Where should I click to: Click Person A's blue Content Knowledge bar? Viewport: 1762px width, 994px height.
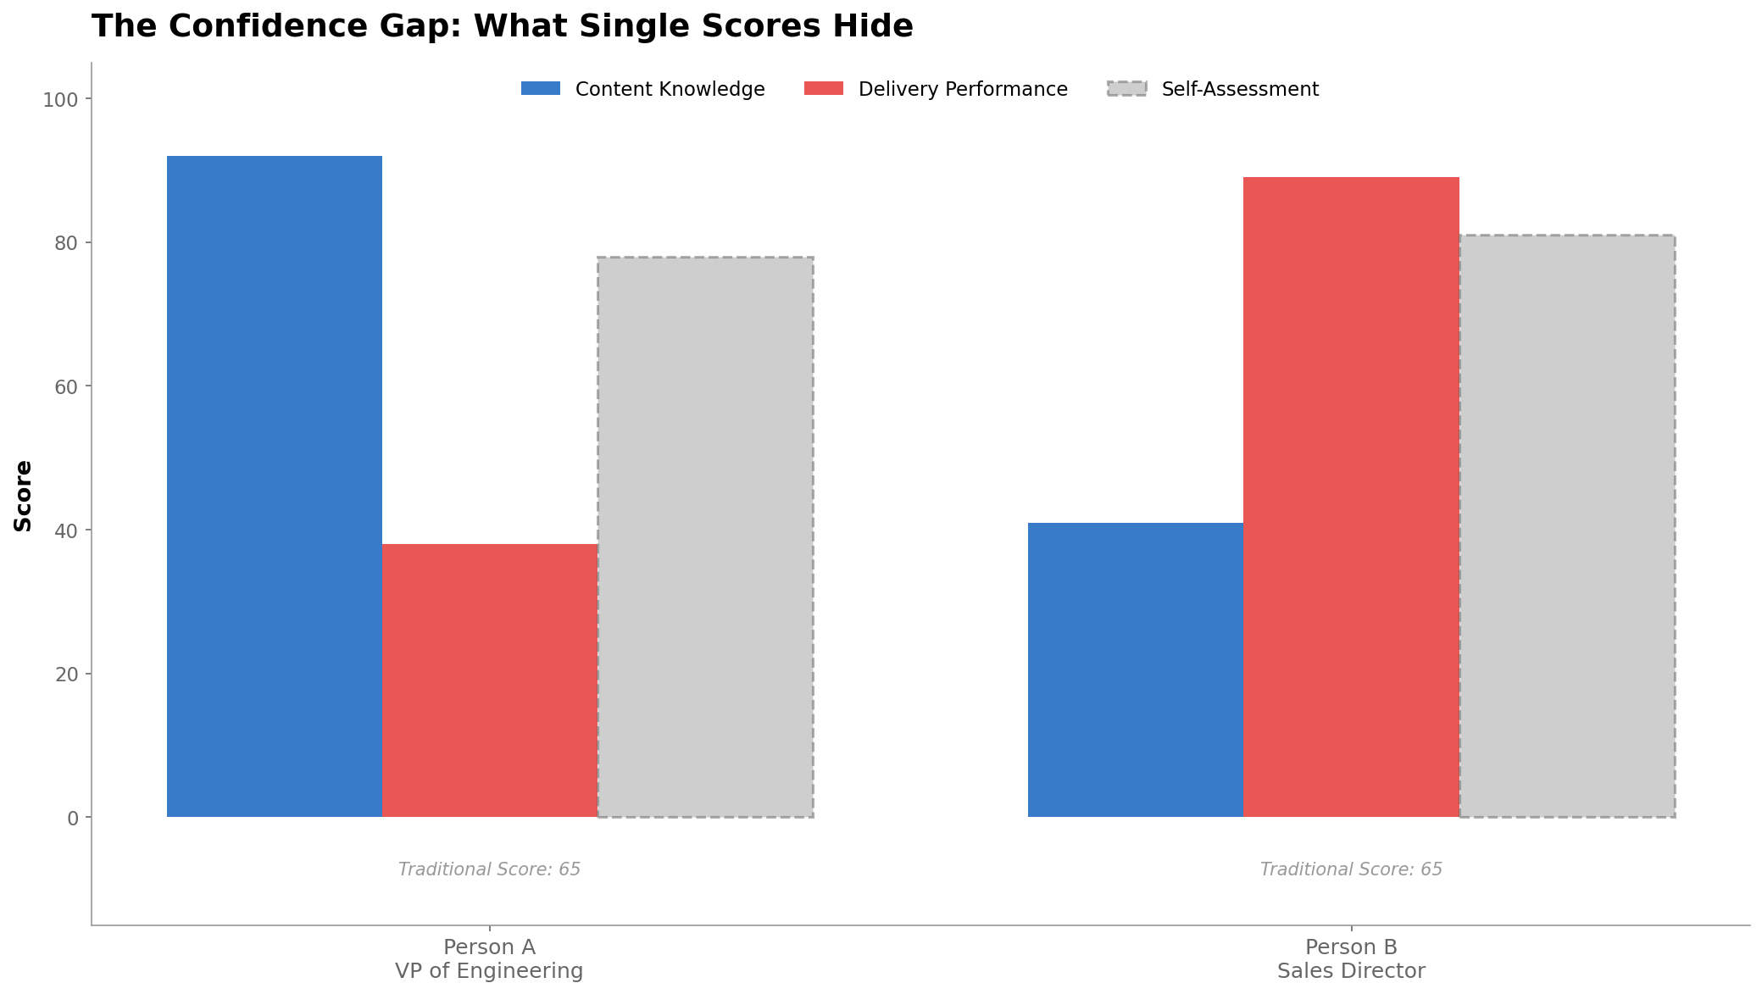pos(274,486)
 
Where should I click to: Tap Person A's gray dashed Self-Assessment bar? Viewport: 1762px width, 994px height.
pos(705,537)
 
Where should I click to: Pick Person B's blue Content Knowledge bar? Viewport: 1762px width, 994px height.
pos(1136,669)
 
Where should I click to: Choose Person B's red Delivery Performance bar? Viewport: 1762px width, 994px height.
pos(1351,497)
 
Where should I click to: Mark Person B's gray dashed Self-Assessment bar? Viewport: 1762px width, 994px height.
pos(1567,526)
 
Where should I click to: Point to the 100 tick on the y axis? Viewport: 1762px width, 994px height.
pos(60,100)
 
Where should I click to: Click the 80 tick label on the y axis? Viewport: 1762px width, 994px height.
pos(66,243)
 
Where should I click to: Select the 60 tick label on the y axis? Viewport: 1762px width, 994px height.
pos(66,387)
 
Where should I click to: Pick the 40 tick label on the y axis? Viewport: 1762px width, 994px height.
pos(66,531)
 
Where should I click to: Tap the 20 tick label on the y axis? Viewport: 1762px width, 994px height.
pos(66,675)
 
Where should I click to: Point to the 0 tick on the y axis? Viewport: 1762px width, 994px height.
pos(73,819)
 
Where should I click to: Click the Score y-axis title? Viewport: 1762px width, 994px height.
pos(23,496)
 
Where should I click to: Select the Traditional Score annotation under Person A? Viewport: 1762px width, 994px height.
pos(489,869)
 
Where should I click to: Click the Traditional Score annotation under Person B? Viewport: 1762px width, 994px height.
pos(1351,869)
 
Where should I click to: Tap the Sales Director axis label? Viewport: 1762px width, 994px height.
pos(1351,971)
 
